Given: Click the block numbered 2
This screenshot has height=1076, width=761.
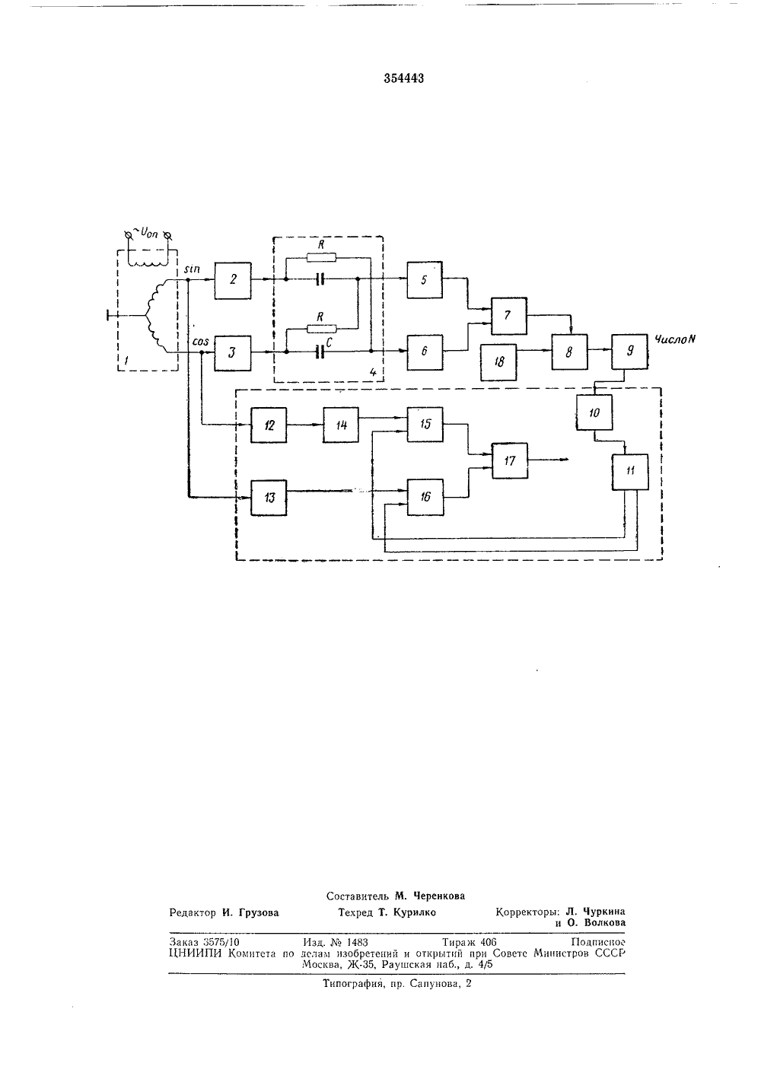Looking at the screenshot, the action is pyautogui.click(x=233, y=281).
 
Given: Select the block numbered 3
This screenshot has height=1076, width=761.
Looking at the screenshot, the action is pyautogui.click(x=233, y=353).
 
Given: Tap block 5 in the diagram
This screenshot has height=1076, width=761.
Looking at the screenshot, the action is pyautogui.click(x=425, y=280).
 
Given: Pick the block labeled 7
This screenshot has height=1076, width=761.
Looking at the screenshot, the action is pyautogui.click(x=509, y=316).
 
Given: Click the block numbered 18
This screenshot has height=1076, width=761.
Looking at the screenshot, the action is pyautogui.click(x=499, y=362).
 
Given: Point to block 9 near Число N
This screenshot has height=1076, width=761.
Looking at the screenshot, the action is pyautogui.click(x=629, y=351).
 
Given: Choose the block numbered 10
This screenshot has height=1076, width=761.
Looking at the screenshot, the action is pyautogui.click(x=594, y=412).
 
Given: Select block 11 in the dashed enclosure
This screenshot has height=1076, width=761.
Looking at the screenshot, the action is pyautogui.click(x=630, y=472).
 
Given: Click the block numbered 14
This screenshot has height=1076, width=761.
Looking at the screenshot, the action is pyautogui.click(x=341, y=425).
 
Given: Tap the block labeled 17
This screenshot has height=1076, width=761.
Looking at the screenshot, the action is pyautogui.click(x=510, y=461).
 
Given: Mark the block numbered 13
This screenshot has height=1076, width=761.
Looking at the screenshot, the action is pyautogui.click(x=269, y=498).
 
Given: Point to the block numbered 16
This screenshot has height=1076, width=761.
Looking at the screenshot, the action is pyautogui.click(x=425, y=497).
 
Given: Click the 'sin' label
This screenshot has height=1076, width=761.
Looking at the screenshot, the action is pyautogui.click(x=193, y=269).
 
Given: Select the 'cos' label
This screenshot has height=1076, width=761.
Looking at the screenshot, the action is pyautogui.click(x=200, y=342).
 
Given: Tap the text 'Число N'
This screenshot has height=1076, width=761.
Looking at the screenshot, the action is pyautogui.click(x=675, y=339).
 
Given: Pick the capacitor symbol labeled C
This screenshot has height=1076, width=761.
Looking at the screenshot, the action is pyautogui.click(x=320, y=353).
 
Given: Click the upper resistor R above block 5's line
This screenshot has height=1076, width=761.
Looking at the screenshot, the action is pyautogui.click(x=321, y=258).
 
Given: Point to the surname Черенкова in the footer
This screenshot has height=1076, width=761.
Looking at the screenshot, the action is pyautogui.click(x=438, y=896).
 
